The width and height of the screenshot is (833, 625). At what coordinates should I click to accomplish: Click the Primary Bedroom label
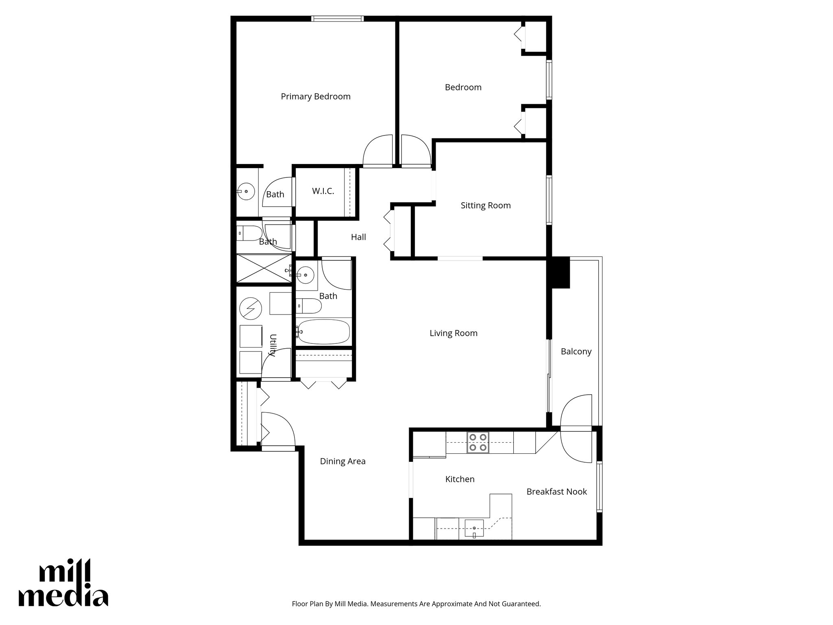(316, 96)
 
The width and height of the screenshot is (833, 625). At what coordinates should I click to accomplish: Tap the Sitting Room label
(485, 205)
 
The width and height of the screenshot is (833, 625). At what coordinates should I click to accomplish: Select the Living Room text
(453, 333)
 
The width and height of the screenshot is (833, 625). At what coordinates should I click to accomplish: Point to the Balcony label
(576, 352)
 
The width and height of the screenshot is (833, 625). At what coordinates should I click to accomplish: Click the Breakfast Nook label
(556, 492)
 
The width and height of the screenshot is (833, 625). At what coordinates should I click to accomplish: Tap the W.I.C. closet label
(323, 191)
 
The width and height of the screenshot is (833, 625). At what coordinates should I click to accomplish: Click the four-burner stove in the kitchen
(478, 442)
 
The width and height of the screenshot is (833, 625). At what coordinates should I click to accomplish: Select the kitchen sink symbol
(474, 528)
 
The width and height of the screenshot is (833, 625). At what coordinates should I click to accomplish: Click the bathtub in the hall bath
(323, 332)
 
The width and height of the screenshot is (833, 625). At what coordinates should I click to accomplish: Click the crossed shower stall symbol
(264, 268)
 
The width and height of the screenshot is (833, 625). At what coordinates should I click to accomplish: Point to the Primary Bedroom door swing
(377, 153)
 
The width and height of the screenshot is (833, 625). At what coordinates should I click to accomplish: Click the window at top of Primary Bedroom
(337, 19)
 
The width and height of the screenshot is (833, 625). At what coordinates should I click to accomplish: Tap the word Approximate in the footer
(448, 604)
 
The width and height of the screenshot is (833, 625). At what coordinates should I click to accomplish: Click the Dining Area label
(342, 461)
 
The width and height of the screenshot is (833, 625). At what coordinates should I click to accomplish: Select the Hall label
(358, 237)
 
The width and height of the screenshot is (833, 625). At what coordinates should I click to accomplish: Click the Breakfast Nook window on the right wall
(599, 486)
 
